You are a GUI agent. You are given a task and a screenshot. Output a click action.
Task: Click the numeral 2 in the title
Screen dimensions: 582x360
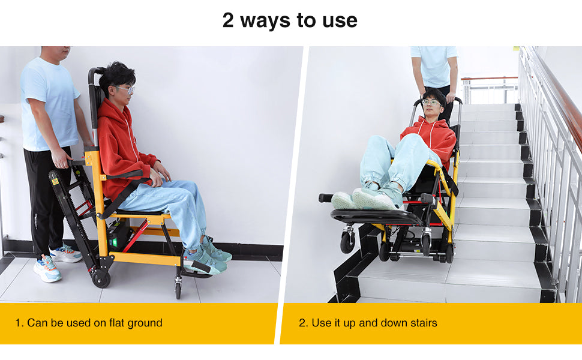coord(228,20)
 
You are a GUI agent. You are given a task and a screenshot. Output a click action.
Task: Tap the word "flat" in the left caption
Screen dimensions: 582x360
coord(116,323)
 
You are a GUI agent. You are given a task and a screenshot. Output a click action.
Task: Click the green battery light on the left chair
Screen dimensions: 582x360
coord(114,242)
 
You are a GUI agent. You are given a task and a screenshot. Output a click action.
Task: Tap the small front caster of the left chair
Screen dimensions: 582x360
coord(178,290)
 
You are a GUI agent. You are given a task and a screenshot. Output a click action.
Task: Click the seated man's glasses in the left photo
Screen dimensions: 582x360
coord(125,89)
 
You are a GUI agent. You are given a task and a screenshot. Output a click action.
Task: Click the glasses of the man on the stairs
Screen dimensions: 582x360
coord(431,103)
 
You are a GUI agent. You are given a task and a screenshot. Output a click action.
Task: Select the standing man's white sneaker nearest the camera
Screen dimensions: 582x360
coord(47,268)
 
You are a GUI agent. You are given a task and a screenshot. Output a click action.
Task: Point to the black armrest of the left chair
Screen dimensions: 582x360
coord(124,175)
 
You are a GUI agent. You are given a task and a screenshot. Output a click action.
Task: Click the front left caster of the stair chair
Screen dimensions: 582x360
coord(347,241)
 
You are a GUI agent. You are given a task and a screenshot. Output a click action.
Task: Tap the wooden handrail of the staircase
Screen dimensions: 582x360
coord(557,97)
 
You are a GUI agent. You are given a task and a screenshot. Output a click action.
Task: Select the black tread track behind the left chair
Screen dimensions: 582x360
coord(73,215)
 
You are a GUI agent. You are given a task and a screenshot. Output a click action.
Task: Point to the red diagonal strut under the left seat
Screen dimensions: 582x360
coord(136,236)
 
